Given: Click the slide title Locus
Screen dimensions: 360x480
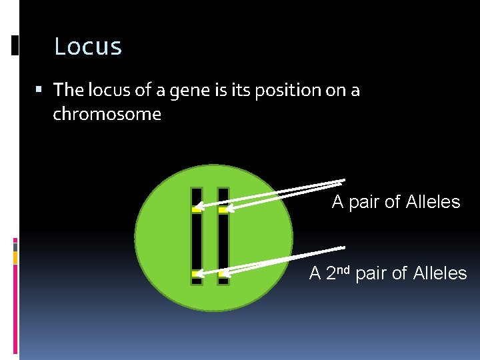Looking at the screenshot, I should coord(87,47).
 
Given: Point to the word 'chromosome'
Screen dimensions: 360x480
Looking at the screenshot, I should coord(107,114).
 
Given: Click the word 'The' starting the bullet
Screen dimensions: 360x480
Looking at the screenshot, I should coord(67,90).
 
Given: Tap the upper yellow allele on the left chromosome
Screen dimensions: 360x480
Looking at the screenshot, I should coord(197,209).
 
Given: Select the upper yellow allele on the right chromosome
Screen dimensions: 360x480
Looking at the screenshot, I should coord(223,210).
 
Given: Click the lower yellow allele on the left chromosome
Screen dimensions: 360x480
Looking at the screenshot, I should coord(197,273).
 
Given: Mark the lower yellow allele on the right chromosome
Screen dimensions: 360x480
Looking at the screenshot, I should coord(223,273).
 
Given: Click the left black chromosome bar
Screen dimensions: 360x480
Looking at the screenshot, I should coord(197,240).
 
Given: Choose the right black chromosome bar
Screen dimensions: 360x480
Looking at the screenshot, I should coord(223,240).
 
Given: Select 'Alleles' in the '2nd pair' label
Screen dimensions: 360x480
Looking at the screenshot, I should coord(440,273).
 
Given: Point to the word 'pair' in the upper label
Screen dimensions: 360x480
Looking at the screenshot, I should coord(364,202).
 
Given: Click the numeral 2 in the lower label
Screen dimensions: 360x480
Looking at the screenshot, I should coord(332,273).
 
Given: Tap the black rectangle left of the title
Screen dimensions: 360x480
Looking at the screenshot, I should coord(15,45).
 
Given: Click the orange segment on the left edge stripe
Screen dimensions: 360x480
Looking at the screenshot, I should coord(15,257).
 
